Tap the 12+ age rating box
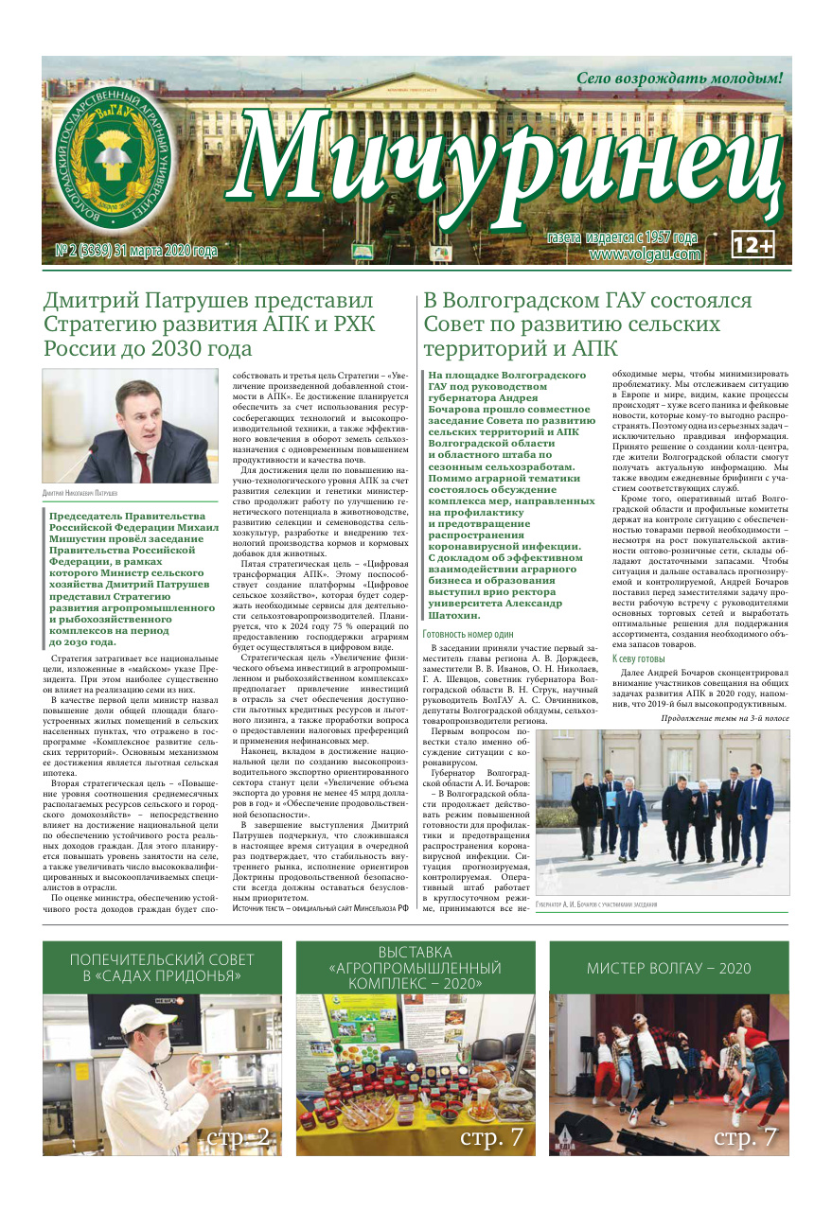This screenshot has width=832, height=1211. click(x=753, y=245)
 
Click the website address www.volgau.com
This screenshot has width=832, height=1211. click(x=645, y=254)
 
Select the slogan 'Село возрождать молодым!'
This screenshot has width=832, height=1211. click(x=680, y=78)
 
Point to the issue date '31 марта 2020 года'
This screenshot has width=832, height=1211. click(x=166, y=252)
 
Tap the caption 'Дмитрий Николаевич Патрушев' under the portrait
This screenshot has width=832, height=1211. click(x=86, y=494)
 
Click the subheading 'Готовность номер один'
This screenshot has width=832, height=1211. click(x=468, y=607)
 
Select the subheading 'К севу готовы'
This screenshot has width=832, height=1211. click(x=640, y=658)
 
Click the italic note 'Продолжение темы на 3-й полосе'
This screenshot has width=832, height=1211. click(x=724, y=718)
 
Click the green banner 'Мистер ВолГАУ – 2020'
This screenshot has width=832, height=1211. click(x=668, y=968)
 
